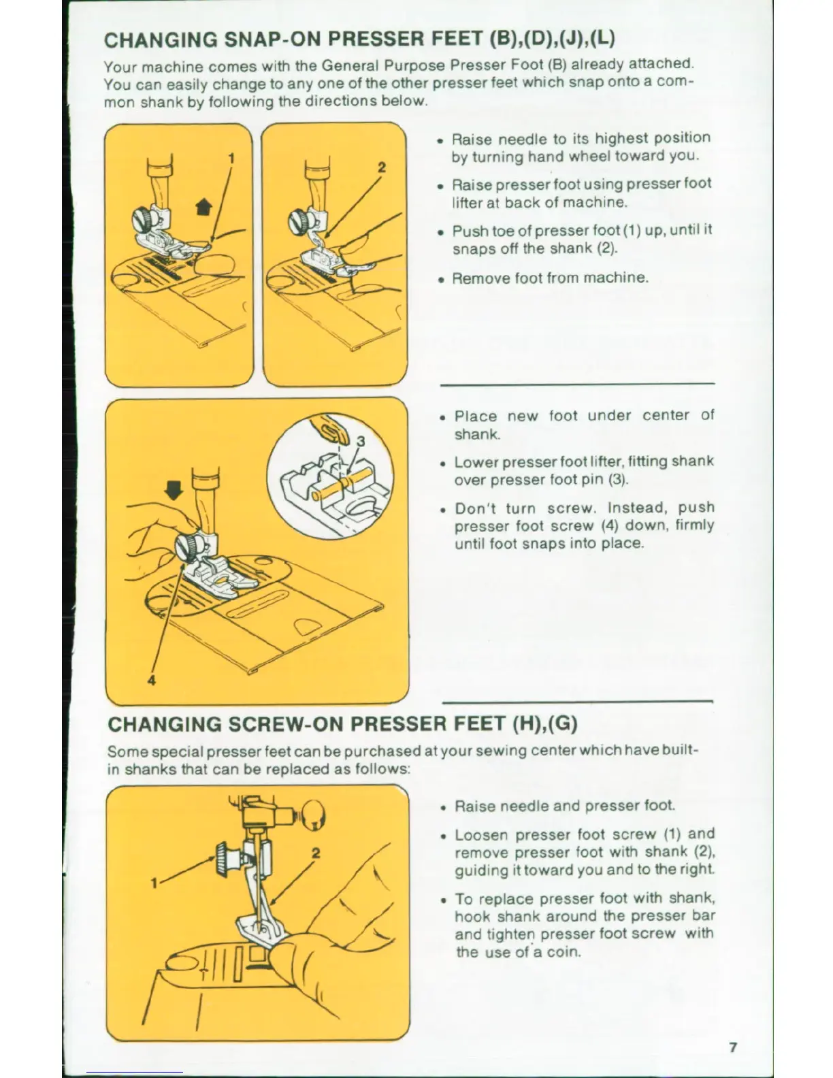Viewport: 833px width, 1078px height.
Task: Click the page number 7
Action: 733,1047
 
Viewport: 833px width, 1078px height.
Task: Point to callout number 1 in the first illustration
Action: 231,158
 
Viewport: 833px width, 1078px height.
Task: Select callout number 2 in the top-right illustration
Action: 382,167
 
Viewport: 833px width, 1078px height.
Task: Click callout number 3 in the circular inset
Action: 361,441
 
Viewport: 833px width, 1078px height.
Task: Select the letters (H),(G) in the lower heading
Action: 544,723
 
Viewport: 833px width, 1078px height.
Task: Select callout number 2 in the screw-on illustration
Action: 316,852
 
